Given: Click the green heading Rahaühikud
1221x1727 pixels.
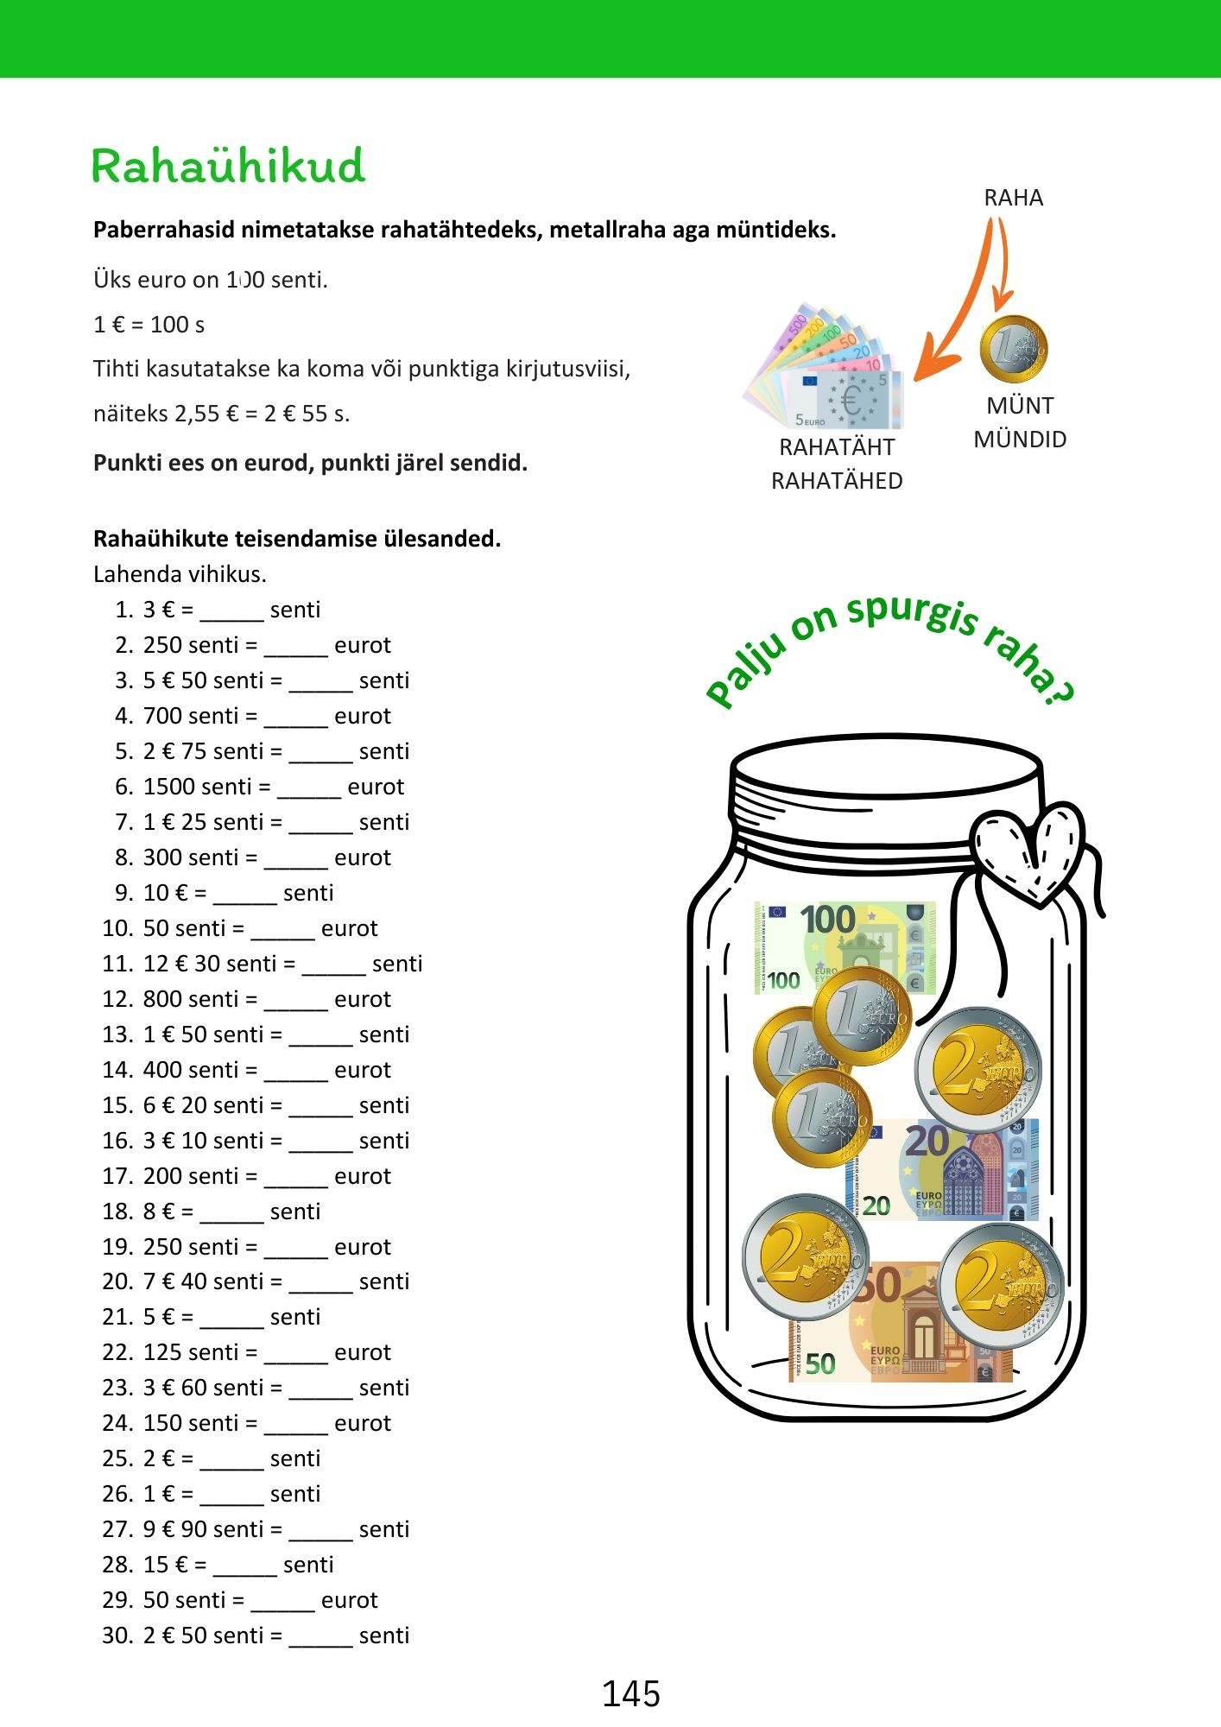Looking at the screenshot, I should (228, 166).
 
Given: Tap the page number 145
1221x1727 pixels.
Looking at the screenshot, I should (630, 1694).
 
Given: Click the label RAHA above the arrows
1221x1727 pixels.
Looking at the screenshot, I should (1013, 198).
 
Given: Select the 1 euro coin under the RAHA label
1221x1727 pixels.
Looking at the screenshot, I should (1013, 350).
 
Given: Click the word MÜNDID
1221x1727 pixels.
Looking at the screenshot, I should (1020, 440).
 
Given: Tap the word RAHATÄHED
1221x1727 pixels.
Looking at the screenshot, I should (836, 481).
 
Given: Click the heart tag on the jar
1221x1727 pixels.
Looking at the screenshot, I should (1028, 851).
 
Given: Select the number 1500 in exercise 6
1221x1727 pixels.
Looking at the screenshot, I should (170, 787).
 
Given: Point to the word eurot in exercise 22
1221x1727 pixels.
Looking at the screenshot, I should (362, 1352).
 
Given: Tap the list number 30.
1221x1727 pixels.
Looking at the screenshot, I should (117, 1635).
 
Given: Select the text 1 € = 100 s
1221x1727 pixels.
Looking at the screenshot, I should (149, 325).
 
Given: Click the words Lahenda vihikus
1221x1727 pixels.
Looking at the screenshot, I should (180, 574).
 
